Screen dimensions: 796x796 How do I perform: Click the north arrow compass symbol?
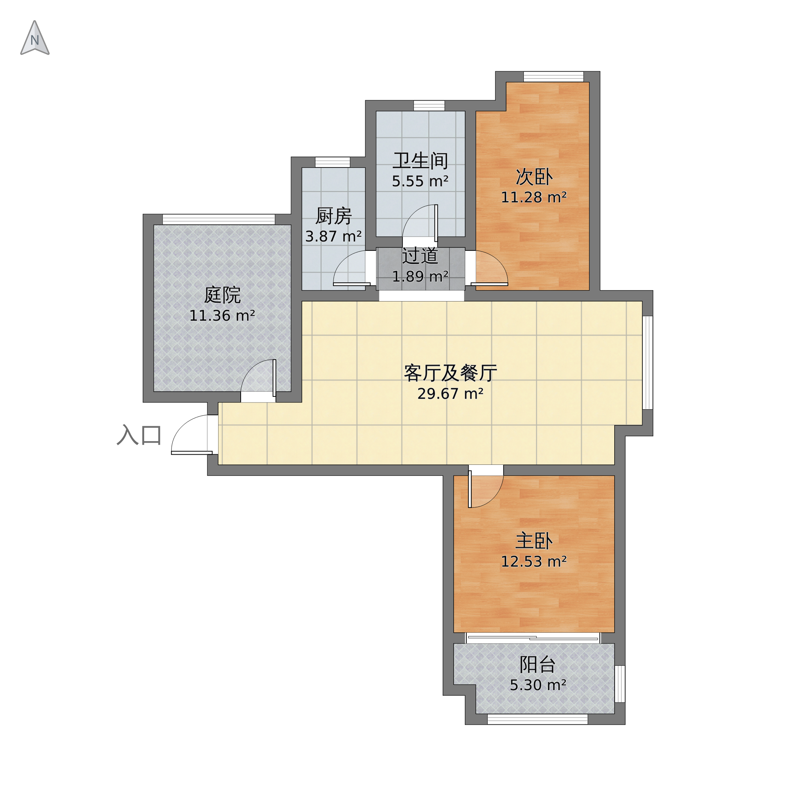pyautogui.click(x=35, y=38)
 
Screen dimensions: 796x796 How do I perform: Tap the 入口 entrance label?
pyautogui.click(x=139, y=435)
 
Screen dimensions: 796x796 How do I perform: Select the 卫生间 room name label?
pyautogui.click(x=420, y=161)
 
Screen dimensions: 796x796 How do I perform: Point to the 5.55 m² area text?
pyautogui.click(x=420, y=181)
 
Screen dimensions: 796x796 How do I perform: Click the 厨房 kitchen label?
pyautogui.click(x=333, y=216)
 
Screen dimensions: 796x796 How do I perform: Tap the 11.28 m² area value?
pyautogui.click(x=534, y=197)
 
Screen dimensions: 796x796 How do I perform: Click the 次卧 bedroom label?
pyautogui.click(x=534, y=177)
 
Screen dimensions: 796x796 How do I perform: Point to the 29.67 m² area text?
pyautogui.click(x=450, y=394)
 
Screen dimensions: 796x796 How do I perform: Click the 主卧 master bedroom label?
pyautogui.click(x=534, y=541)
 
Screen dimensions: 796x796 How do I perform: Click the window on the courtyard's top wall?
pyautogui.click(x=219, y=219)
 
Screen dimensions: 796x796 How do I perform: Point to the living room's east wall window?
pyautogui.click(x=648, y=363)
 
